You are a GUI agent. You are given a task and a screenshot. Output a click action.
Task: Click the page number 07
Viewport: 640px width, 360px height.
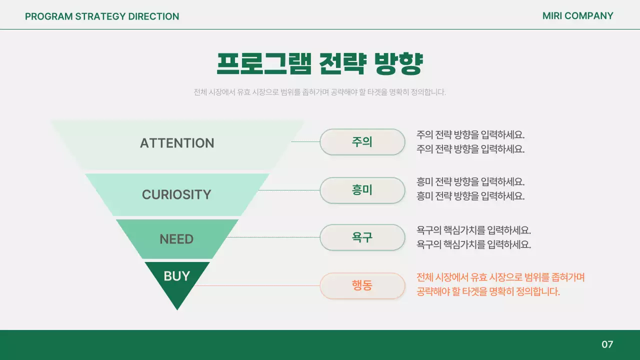point(607,344)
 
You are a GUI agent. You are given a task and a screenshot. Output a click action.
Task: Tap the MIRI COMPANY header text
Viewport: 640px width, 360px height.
point(577,16)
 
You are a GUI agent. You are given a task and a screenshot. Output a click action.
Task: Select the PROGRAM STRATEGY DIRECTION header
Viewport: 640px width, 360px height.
point(102,16)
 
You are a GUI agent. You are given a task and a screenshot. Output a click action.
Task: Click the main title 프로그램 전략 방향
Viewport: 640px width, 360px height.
point(320,63)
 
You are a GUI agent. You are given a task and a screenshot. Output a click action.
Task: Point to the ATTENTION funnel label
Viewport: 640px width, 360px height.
point(177,143)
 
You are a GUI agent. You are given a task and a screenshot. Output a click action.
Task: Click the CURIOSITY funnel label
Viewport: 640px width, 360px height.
point(176,194)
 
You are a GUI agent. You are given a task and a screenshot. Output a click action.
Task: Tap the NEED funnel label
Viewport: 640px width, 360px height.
point(176,239)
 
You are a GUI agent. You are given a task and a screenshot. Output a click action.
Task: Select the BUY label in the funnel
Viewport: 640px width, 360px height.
point(176,276)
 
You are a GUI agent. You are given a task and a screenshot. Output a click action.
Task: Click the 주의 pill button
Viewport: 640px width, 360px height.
point(362,142)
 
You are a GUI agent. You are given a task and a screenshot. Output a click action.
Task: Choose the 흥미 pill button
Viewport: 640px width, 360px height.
point(362,190)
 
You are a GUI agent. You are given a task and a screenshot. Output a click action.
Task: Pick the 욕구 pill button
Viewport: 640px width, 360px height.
point(362,237)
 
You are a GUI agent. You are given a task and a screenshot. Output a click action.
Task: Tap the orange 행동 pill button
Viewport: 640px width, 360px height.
point(362,286)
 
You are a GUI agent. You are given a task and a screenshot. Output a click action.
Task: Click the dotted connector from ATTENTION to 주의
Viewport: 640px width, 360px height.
point(305,141)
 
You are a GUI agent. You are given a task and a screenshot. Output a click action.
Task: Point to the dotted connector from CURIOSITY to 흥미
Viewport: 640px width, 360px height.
point(288,190)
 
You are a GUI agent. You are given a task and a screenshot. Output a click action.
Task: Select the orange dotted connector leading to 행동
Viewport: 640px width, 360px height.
point(257,285)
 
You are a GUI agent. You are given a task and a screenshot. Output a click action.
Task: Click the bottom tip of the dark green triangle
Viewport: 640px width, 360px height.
point(177,308)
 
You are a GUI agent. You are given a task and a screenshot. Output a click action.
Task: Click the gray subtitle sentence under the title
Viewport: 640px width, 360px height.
point(319,92)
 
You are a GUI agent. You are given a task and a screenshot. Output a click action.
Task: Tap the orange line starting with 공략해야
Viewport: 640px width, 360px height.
point(488,291)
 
